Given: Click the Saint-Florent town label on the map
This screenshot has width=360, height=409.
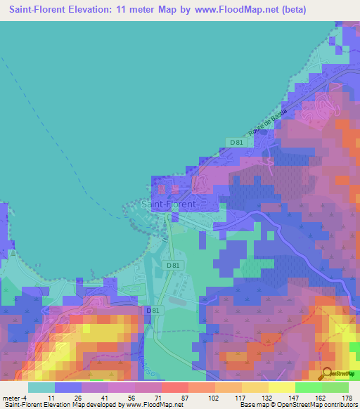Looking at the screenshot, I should click(x=169, y=204).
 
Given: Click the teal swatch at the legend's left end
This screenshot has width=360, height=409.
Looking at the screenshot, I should click(x=41, y=387).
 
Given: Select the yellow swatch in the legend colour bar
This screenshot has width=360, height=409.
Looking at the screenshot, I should click(x=281, y=387).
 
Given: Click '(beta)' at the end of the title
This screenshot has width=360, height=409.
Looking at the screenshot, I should click(x=295, y=10).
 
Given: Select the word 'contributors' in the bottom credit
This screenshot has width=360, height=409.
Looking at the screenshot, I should click(x=337, y=405).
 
